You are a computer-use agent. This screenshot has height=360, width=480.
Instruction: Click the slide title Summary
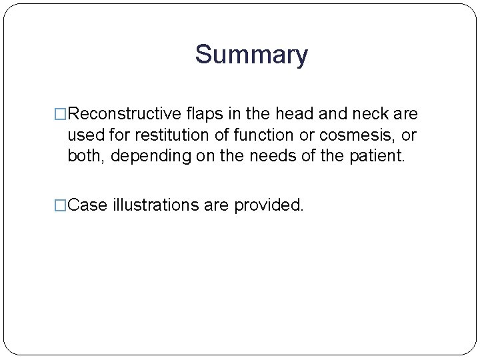(x=251, y=55)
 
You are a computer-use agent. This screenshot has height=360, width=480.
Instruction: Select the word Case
(x=88, y=205)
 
